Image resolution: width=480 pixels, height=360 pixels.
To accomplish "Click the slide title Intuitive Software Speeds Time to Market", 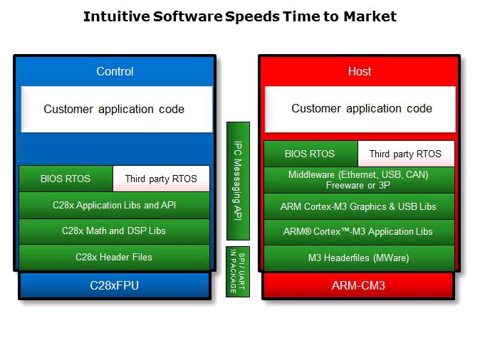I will pos(240,16).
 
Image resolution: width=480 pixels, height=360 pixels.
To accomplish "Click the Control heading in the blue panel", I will pos(115,71).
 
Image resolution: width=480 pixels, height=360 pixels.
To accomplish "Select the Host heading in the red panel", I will pos(359,71).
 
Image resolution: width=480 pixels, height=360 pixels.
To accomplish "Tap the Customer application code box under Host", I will pos(360,109).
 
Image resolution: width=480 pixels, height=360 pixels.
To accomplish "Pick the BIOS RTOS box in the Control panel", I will pos(66,179).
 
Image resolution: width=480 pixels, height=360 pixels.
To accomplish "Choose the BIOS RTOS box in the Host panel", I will pos(310,154).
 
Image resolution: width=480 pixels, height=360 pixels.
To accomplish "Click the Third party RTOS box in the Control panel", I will pos(161,179).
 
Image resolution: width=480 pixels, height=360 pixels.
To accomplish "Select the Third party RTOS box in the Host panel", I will pos(405,154).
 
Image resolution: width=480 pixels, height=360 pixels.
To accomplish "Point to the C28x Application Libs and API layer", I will pos(115,205).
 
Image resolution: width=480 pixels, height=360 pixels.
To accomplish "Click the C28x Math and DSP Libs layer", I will pos(115,231).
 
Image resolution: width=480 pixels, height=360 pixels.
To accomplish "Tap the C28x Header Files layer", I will pos(115,257).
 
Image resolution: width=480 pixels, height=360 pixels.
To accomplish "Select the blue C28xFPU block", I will pos(115,285).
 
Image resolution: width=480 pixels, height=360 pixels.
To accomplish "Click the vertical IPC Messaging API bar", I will pos(238,181).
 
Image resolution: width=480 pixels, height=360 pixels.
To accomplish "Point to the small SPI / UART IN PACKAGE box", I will pos(238,271).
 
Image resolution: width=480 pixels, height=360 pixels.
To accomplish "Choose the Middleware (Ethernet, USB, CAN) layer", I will pos(359,179).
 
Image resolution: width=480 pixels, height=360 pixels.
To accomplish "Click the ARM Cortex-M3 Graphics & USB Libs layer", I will pos(359,206).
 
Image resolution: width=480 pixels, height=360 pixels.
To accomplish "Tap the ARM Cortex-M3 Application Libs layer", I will pos(359,232).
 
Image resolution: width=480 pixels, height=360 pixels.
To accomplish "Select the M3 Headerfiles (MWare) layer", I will pos(359,258).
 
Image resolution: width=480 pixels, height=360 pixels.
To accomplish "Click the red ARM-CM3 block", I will pos(359,285).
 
